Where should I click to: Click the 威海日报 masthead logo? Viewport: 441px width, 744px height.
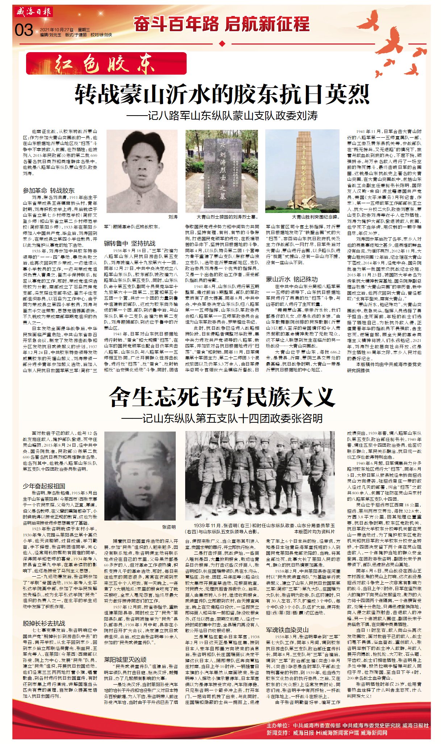pyautogui.click(x=34, y=12)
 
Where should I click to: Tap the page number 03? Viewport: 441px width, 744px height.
pyautogui.click(x=24, y=30)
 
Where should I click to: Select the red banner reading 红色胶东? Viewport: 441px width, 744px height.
pyautogui.click(x=106, y=64)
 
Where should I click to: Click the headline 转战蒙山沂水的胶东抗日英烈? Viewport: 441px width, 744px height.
pyautogui.click(x=222, y=95)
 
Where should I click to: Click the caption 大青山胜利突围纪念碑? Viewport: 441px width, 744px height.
pyautogui.click(x=316, y=217)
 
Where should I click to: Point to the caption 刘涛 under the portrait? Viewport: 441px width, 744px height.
pyautogui.click(x=173, y=217)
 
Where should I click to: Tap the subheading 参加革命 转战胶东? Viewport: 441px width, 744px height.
pyautogui.click(x=49, y=191)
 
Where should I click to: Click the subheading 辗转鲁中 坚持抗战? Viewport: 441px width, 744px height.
pyautogui.click(x=130, y=243)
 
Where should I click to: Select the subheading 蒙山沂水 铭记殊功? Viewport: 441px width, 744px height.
pyautogui.click(x=292, y=279)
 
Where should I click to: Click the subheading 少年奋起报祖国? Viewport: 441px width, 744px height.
pyautogui.click(x=44, y=486)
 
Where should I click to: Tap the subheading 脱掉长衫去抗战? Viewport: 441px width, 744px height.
pyautogui.click(x=44, y=623)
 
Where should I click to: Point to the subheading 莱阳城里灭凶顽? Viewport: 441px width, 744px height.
pyautogui.click(x=125, y=659)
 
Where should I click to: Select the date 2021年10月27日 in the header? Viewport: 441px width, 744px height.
pyautogui.click(x=57, y=30)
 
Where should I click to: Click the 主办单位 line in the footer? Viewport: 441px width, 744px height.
pyautogui.click(x=347, y=725)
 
